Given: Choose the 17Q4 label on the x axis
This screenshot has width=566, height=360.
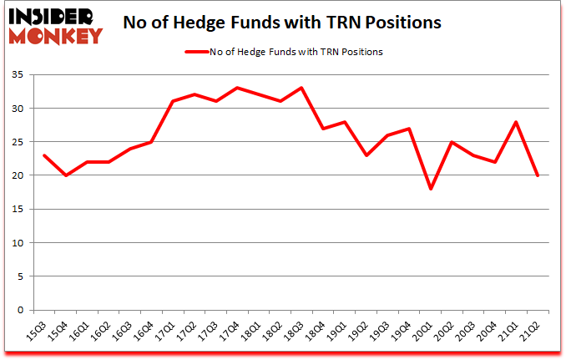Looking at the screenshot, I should [232, 332].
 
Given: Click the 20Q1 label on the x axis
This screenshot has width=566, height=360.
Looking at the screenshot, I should [425, 332].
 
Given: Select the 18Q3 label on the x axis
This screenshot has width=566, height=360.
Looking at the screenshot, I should [296, 332].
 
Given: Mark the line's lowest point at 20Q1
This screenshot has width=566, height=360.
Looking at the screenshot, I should [431, 189].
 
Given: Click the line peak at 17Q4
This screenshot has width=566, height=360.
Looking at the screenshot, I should [237, 88].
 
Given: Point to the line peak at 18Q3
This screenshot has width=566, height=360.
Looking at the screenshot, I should [301, 88].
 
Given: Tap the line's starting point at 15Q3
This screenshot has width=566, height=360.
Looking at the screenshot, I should [44, 155].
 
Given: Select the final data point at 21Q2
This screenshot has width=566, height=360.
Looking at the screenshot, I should [538, 175].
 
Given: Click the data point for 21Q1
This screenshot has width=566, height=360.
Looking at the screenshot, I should [517, 121].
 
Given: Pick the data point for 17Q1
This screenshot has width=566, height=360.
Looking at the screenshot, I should [173, 101].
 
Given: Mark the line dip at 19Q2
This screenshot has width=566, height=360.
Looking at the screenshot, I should [366, 155].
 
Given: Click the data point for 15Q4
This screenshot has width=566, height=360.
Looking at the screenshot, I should [66, 175].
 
